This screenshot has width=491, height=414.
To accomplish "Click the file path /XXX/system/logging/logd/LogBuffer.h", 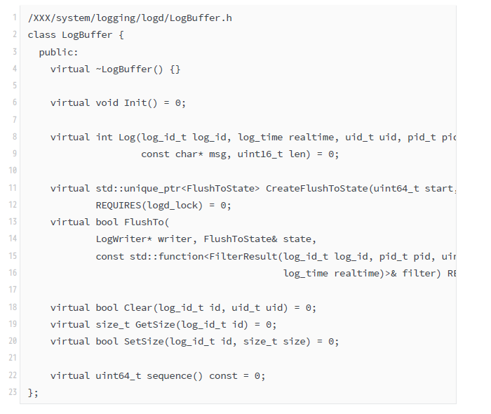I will point(130,18).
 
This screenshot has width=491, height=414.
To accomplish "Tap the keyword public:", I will point(59,52).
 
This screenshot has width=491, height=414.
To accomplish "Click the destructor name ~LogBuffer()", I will point(129,69).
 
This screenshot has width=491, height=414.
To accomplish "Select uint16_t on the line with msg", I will point(260,154).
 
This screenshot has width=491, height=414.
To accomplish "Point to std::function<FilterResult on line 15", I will point(203,257).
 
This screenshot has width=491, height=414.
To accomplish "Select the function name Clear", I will point(138,308).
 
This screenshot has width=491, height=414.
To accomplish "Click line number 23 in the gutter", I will point(13,393).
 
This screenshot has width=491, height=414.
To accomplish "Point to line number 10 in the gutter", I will point(13,171).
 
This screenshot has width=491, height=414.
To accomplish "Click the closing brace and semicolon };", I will point(33,393).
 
